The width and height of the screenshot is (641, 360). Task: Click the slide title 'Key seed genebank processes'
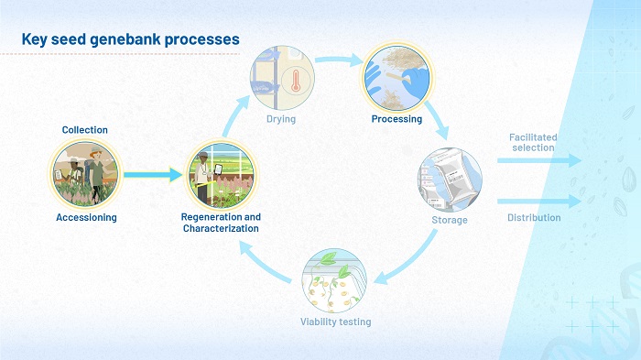coord(130,39)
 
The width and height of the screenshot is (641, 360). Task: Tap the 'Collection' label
coord(85,130)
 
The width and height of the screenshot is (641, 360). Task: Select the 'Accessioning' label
coord(85,217)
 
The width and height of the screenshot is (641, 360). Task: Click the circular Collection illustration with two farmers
coord(85,174)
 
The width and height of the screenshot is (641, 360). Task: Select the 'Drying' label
coord(281,119)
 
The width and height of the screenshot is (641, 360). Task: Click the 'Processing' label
coord(397,119)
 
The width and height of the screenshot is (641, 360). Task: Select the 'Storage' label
coord(450,220)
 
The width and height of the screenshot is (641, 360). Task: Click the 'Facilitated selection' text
coord(532,142)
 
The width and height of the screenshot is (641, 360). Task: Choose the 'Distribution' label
coord(534,218)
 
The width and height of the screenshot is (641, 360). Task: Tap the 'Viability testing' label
coord(336,322)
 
